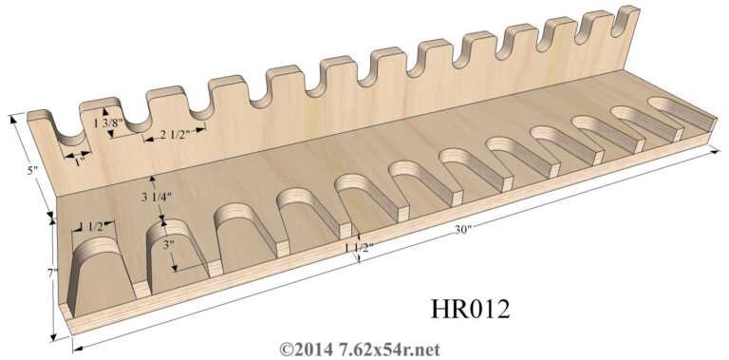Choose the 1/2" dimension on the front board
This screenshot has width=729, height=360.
(x=94, y=227)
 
